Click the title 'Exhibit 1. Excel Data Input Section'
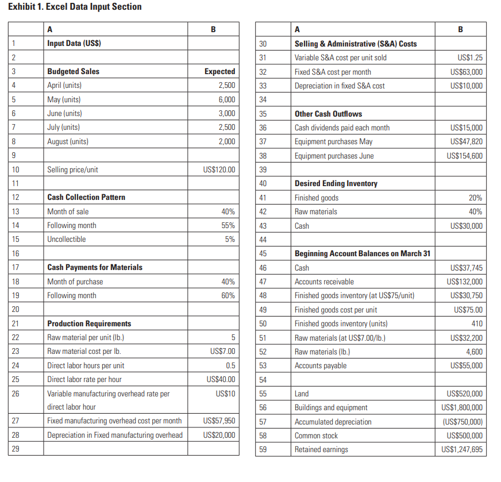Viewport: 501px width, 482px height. click(x=75, y=7)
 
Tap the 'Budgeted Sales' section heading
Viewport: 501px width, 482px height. click(x=73, y=72)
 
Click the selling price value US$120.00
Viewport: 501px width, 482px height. click(x=219, y=169)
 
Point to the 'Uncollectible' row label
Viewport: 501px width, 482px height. click(x=66, y=240)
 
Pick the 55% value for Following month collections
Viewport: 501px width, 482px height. click(x=228, y=226)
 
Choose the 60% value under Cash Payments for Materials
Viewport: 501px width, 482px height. click(x=228, y=296)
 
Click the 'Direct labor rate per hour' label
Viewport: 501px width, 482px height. click(x=85, y=379)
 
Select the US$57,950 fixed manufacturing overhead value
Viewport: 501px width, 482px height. click(x=219, y=421)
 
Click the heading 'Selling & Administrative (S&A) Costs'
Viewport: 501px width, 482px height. click(x=356, y=44)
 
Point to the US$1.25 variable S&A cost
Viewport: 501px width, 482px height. click(x=470, y=58)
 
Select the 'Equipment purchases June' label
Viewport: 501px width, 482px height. click(x=333, y=156)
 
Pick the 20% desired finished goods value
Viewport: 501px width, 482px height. click(x=475, y=198)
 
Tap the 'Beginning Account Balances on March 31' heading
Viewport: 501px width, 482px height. click(x=363, y=254)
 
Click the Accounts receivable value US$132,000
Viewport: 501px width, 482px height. click(x=464, y=282)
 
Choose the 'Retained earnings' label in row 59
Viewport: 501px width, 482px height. click(x=321, y=449)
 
